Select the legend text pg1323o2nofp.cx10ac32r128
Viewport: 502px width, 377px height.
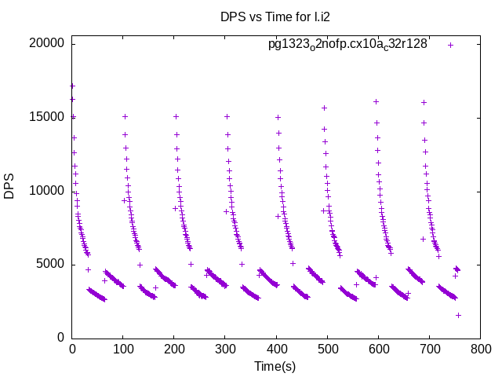coord(347,45)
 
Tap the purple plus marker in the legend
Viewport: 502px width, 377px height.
coord(450,45)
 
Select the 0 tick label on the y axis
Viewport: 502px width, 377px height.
coord(61,338)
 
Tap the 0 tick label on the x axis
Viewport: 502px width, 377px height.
coord(72,350)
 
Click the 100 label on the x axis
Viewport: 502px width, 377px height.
coord(123,350)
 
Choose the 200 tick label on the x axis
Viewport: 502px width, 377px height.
coord(174,350)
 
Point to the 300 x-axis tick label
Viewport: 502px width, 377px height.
coord(225,350)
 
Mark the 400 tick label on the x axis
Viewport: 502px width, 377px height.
coord(276,350)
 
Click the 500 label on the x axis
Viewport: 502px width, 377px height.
coord(327,350)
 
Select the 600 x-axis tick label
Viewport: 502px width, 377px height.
coord(378,350)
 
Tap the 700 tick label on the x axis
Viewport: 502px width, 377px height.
coord(429,350)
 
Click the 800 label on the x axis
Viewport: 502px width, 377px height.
coord(480,350)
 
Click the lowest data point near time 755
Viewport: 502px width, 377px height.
coord(458,315)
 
